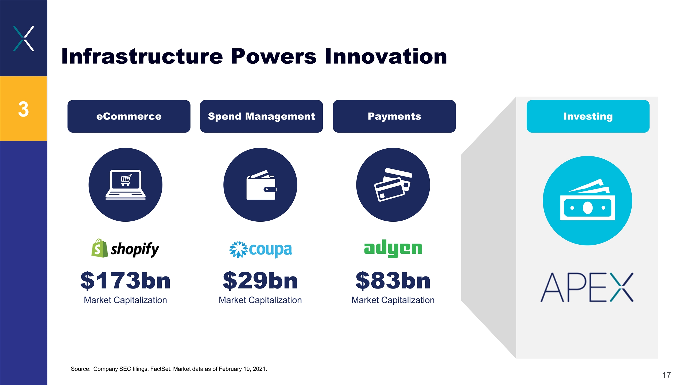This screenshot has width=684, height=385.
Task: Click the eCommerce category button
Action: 129,116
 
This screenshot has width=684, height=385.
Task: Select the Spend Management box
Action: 261,116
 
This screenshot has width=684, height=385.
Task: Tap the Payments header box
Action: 394,116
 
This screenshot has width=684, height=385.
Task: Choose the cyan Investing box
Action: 588,116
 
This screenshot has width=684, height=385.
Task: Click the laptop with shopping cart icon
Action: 126,185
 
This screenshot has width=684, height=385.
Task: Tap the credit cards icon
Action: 393,185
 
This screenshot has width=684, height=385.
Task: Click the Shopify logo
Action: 125,248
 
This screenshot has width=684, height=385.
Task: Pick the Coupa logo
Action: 261,250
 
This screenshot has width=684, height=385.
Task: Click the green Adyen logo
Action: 393,248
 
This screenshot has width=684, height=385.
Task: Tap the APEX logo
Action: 587,287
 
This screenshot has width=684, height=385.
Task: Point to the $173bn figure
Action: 125,280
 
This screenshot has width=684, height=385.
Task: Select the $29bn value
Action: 260,280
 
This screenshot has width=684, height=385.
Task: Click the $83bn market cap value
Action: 393,280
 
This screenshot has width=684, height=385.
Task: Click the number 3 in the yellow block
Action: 23,109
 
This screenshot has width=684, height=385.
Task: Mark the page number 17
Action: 666,375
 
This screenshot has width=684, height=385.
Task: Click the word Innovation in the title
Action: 386,56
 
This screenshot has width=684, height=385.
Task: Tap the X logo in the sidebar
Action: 24,38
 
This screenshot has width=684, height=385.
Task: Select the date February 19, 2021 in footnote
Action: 242,369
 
